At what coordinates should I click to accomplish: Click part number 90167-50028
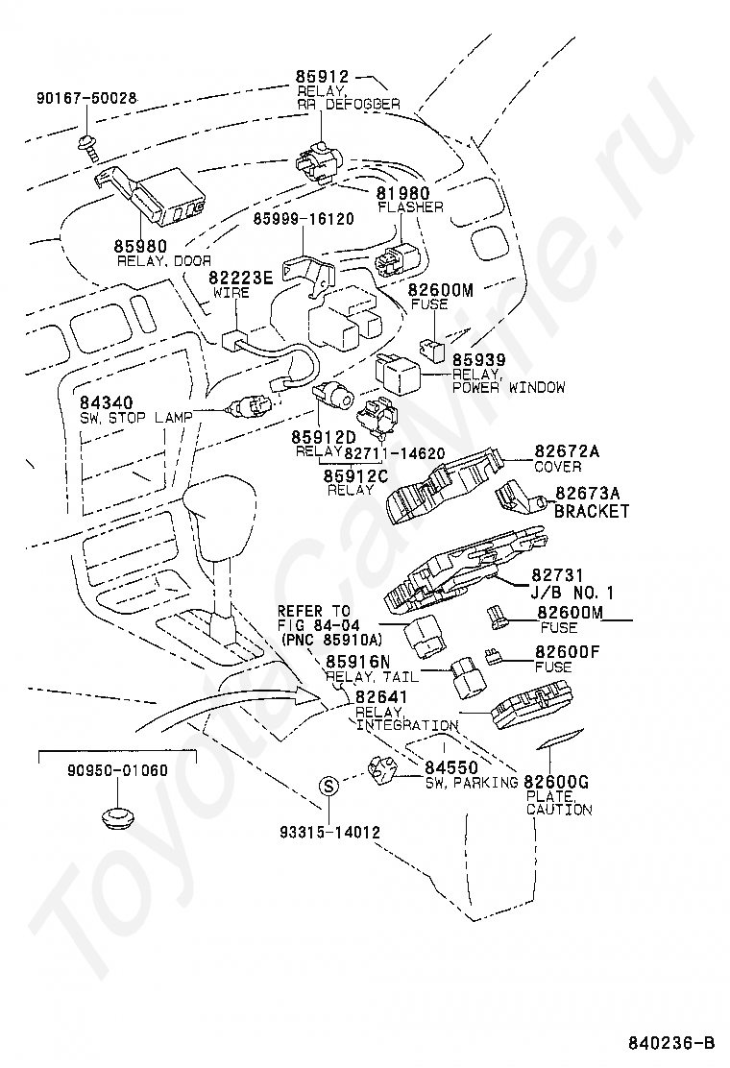pos(85,99)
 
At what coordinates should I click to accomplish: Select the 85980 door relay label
pos(140,246)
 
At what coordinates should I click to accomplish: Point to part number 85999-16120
pos(304,219)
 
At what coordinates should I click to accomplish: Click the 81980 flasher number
pos(403,193)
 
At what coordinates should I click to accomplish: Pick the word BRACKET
pos(591,511)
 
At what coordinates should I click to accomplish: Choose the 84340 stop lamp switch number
pos(107,402)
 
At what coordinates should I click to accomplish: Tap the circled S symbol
pos(328,787)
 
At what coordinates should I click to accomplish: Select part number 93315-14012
pos(329,832)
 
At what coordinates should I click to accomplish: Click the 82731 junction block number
pos(558,575)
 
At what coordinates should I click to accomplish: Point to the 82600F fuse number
pos(568,652)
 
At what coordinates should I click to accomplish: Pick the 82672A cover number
pos(568,450)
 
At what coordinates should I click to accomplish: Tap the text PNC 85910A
pos(331,640)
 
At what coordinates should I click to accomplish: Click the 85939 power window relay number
pos(479,360)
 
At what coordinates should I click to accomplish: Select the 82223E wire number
pos(240,278)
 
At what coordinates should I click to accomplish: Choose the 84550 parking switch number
pos(451,767)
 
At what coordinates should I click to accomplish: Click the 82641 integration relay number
pos(381,696)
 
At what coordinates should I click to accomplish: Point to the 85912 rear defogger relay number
pos(322,76)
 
